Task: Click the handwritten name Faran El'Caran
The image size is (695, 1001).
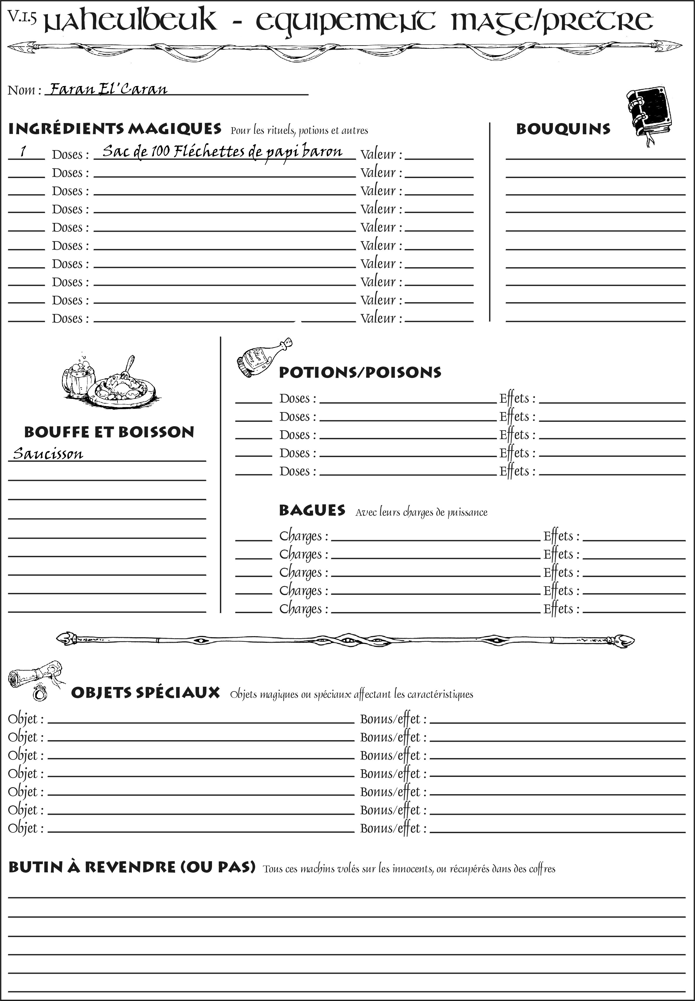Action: coord(108,89)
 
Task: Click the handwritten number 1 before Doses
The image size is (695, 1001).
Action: coord(23,151)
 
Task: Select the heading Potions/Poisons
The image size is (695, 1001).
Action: coord(360,372)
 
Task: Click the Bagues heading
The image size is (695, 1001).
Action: coord(312,510)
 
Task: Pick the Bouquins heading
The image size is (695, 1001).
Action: coord(563,129)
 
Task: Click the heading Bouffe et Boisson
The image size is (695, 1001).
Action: coord(109,432)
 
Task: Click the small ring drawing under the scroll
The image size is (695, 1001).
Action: coord(40,692)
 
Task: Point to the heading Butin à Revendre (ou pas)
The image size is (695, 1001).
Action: coord(132,876)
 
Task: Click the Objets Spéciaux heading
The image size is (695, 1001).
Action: coord(145,693)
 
